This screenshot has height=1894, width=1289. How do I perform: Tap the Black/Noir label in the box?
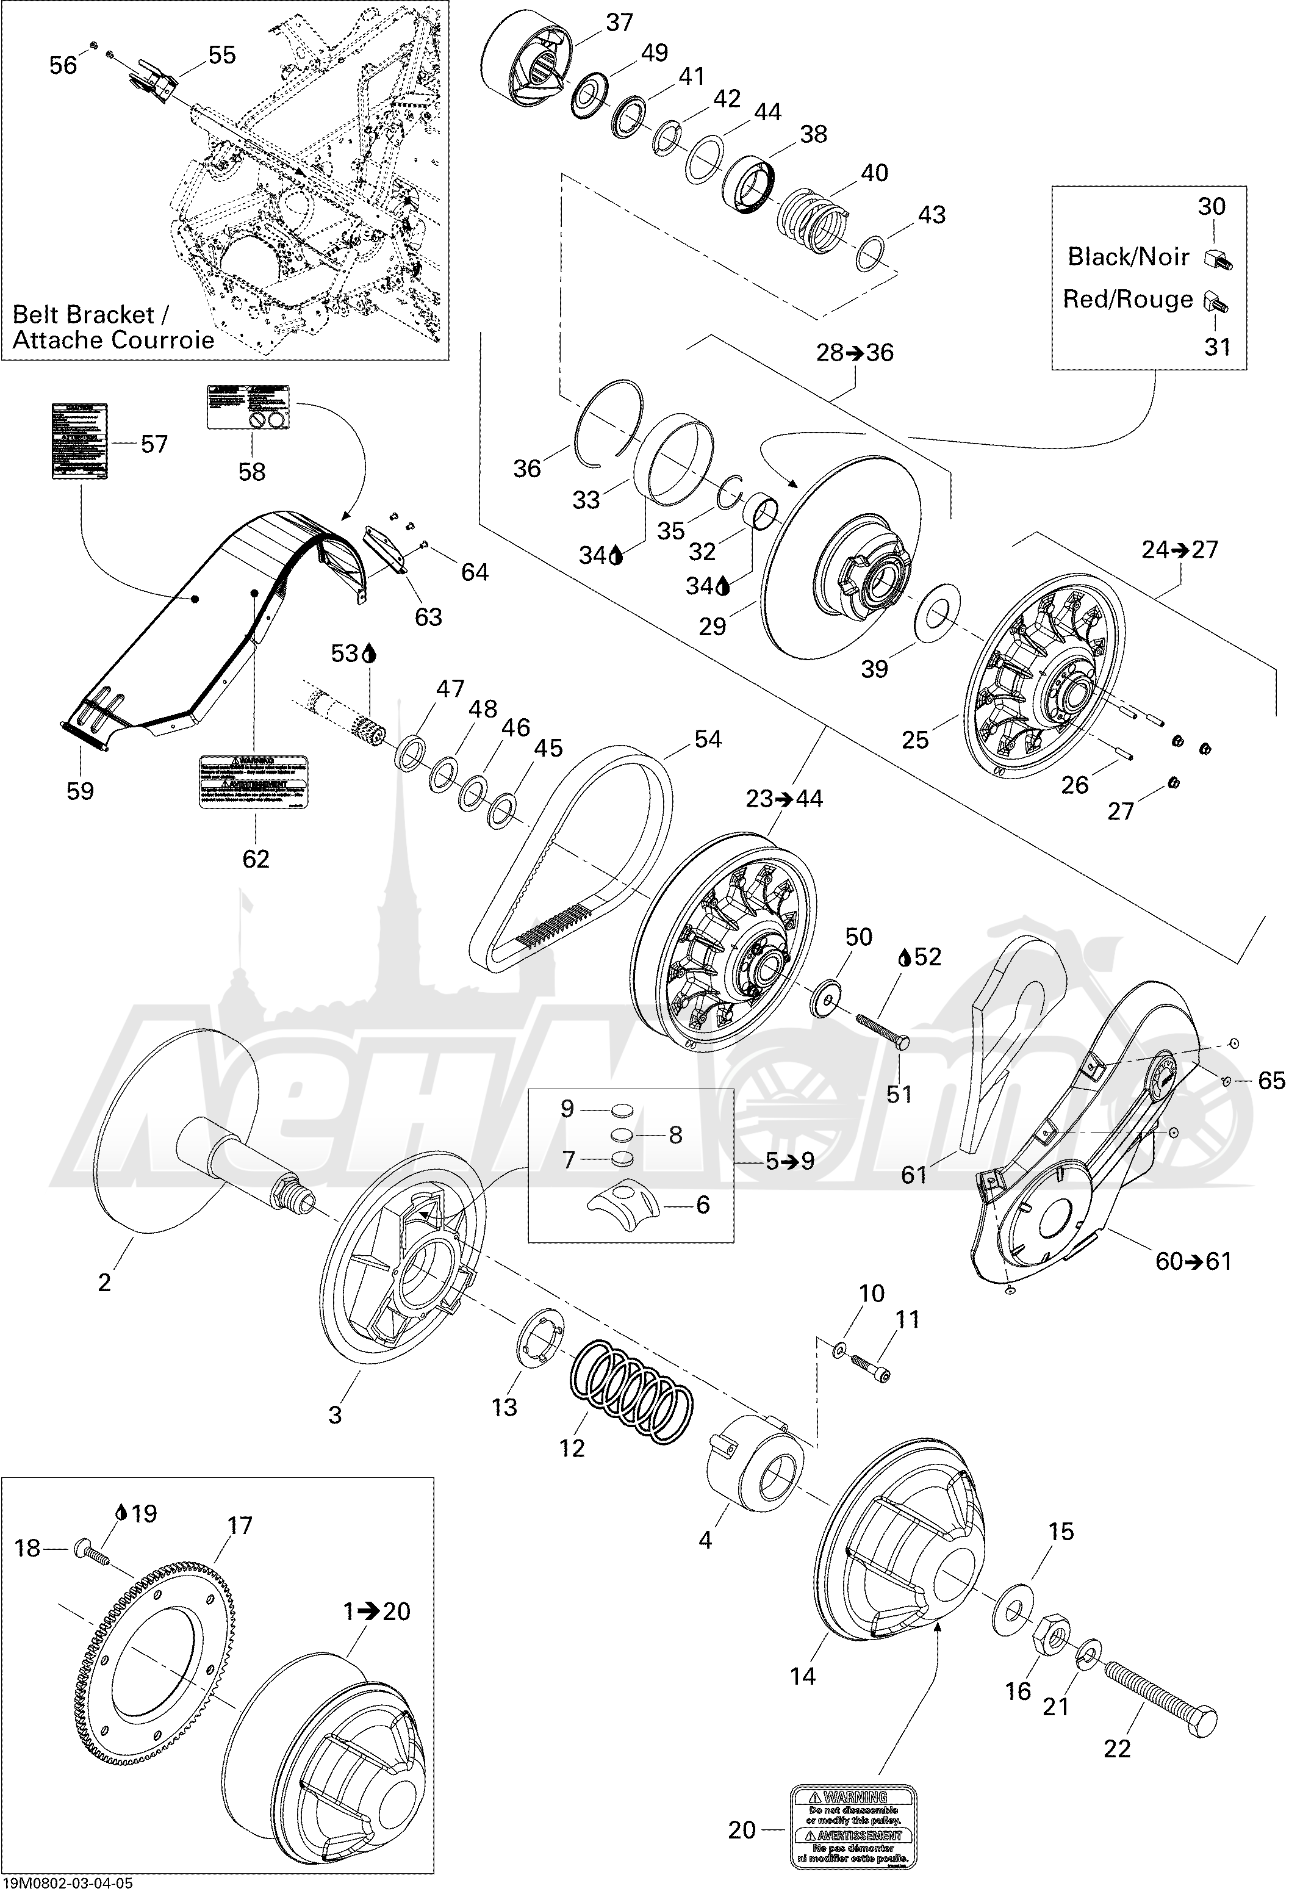[x=1128, y=257]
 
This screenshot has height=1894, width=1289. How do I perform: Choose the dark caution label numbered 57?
[x=80, y=441]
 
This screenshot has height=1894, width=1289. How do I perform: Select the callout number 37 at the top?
[x=619, y=22]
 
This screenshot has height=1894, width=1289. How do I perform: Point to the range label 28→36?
[x=855, y=352]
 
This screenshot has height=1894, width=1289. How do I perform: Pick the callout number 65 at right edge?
[x=1271, y=1081]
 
